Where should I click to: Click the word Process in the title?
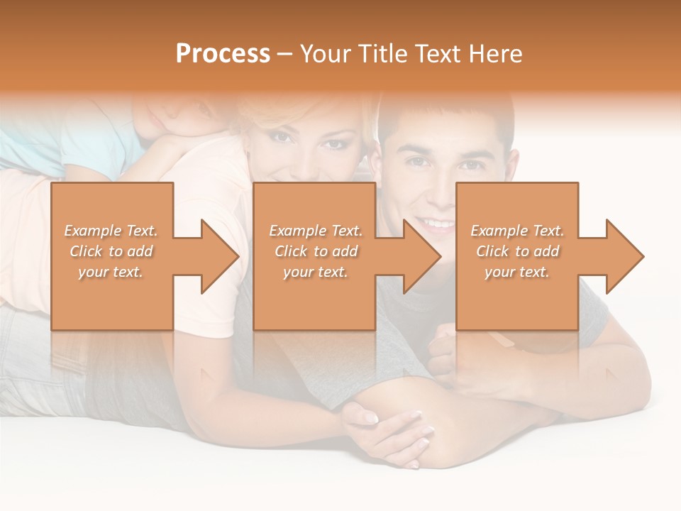coord(223,54)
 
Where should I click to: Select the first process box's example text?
coord(111,251)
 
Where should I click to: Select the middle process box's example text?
coord(315,251)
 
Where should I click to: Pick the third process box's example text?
coord(517,251)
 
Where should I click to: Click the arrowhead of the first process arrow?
coord(221,256)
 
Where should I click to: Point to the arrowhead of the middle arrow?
coord(423,256)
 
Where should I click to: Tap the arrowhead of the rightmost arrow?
coord(626,256)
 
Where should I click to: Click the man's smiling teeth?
coord(436,224)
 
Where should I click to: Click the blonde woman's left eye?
coord(332,144)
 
